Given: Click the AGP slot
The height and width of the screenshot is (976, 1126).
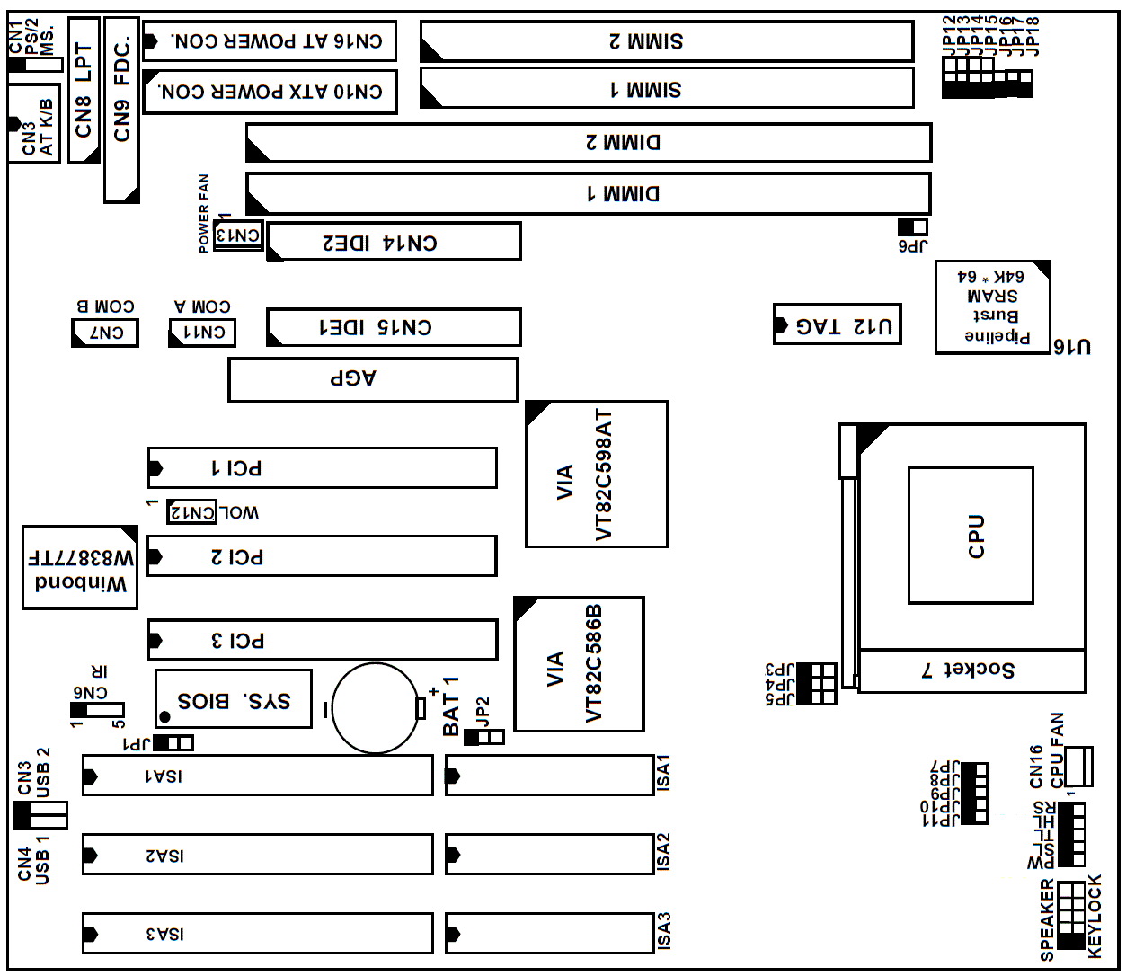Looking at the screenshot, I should click(x=373, y=379).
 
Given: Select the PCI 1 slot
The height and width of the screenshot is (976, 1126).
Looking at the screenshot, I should click(x=323, y=467).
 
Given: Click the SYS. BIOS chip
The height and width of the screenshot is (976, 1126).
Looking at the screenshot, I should click(x=234, y=699).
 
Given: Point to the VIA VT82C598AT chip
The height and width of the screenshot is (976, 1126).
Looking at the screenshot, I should click(x=597, y=475).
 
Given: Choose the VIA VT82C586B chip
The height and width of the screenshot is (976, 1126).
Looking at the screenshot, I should click(x=579, y=664).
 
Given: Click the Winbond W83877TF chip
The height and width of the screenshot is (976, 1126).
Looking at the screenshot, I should click(x=80, y=568).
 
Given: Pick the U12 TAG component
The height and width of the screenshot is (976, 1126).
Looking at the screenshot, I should click(x=838, y=324).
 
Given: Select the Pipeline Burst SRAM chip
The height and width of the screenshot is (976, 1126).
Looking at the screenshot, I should click(x=993, y=307).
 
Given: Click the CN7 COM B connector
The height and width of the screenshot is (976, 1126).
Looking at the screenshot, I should click(x=105, y=333).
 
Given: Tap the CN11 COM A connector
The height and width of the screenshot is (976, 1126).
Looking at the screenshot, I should click(x=202, y=333).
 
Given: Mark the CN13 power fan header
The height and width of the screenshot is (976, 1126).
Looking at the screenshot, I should click(x=239, y=235).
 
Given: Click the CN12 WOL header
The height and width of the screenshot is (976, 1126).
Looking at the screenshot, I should click(x=192, y=512).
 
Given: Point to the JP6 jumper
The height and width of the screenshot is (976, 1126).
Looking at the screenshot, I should click(x=912, y=227).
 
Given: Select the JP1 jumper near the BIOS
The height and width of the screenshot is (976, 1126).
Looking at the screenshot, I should click(x=173, y=743).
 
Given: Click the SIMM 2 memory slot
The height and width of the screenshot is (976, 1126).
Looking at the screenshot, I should click(x=667, y=41).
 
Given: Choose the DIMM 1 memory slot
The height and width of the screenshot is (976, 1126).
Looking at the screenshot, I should click(x=589, y=194).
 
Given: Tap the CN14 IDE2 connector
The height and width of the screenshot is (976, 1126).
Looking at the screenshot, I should click(x=394, y=242).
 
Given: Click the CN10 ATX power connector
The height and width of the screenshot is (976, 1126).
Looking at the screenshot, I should click(x=270, y=92).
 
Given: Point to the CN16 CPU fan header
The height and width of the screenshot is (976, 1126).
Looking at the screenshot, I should click(x=1077, y=766).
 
